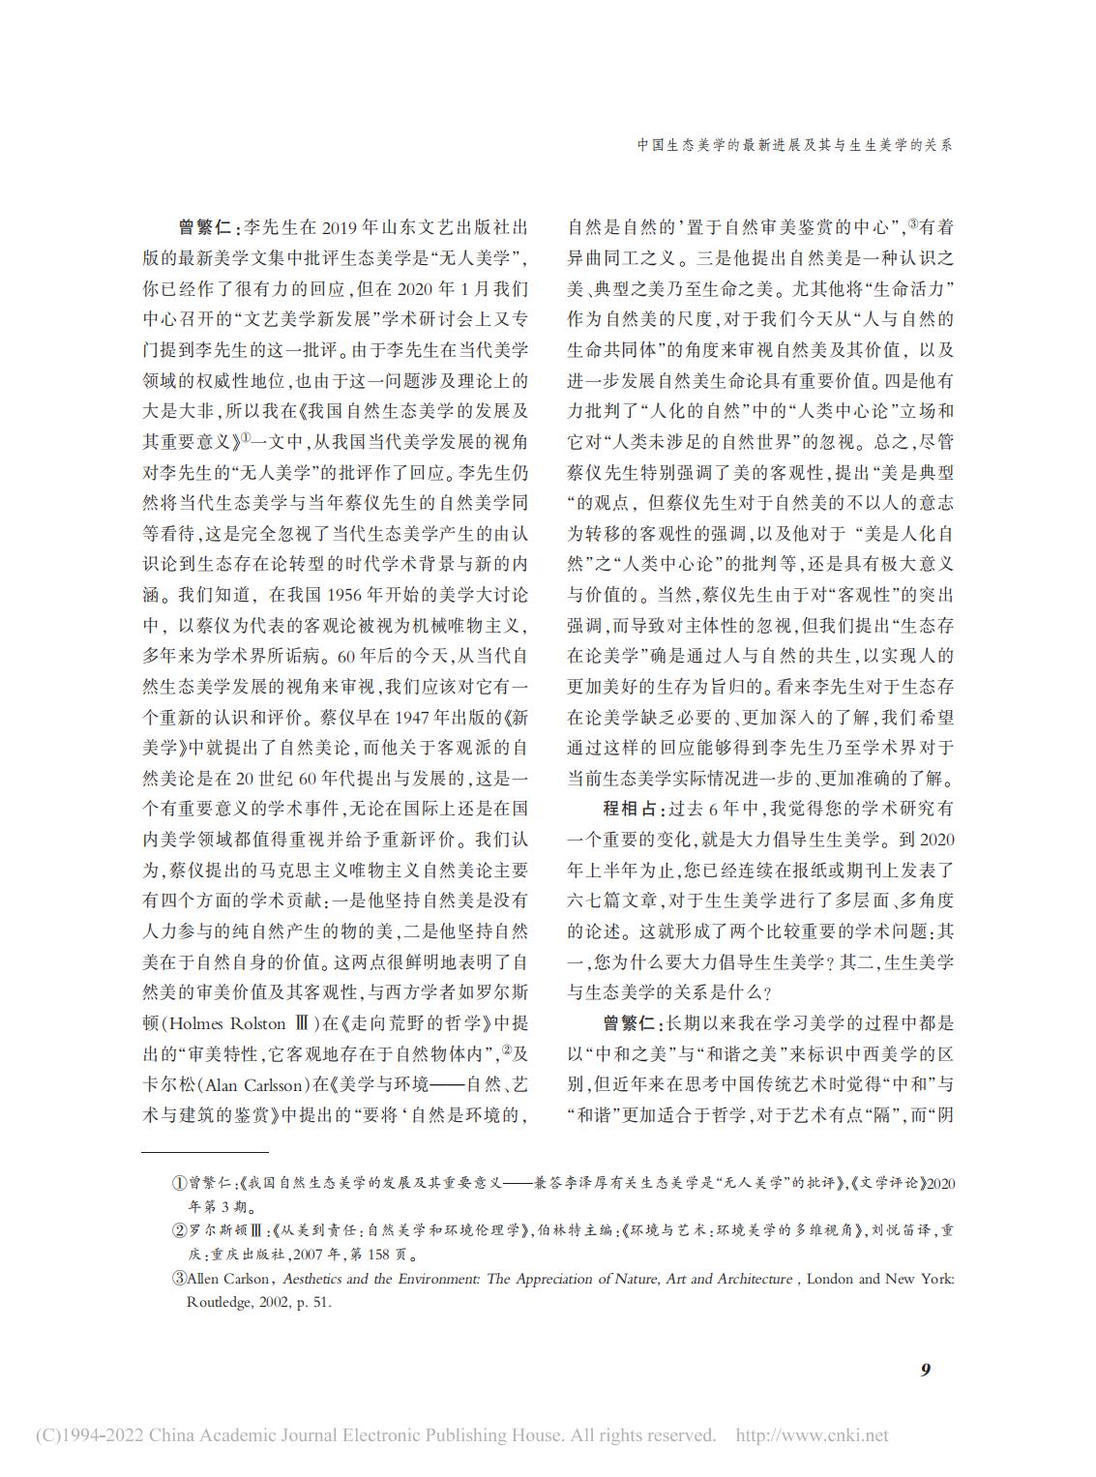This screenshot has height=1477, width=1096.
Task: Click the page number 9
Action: coord(925,1370)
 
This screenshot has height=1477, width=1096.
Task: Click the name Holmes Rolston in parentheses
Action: coord(227,1023)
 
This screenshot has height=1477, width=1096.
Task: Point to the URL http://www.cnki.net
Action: coord(813,1435)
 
